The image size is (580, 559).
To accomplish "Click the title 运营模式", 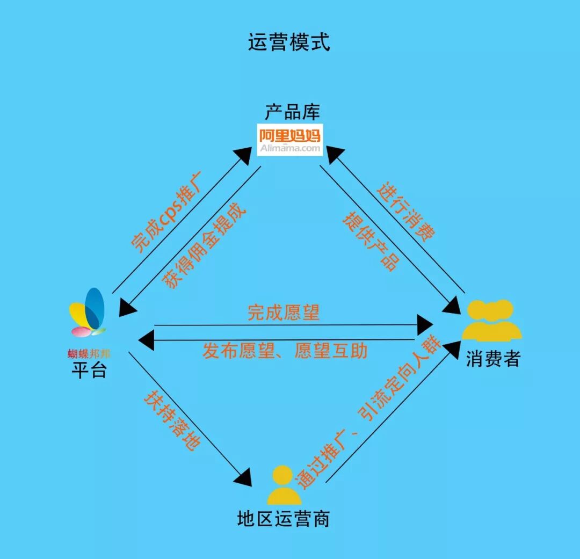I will [289, 42].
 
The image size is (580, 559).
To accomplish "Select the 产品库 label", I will [292, 112].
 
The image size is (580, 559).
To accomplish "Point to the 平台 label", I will [89, 370].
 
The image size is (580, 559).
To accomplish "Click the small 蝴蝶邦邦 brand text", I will [89, 354].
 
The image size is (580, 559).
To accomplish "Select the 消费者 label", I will [493, 359].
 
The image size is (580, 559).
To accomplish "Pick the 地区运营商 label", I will [284, 519].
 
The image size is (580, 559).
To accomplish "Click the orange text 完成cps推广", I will [167, 212].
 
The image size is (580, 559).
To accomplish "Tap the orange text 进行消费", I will [406, 213].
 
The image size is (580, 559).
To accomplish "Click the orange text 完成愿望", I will [283, 313].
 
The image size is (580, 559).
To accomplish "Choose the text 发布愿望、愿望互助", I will [285, 351].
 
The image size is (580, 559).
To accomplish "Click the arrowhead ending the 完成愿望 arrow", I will [425, 324].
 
